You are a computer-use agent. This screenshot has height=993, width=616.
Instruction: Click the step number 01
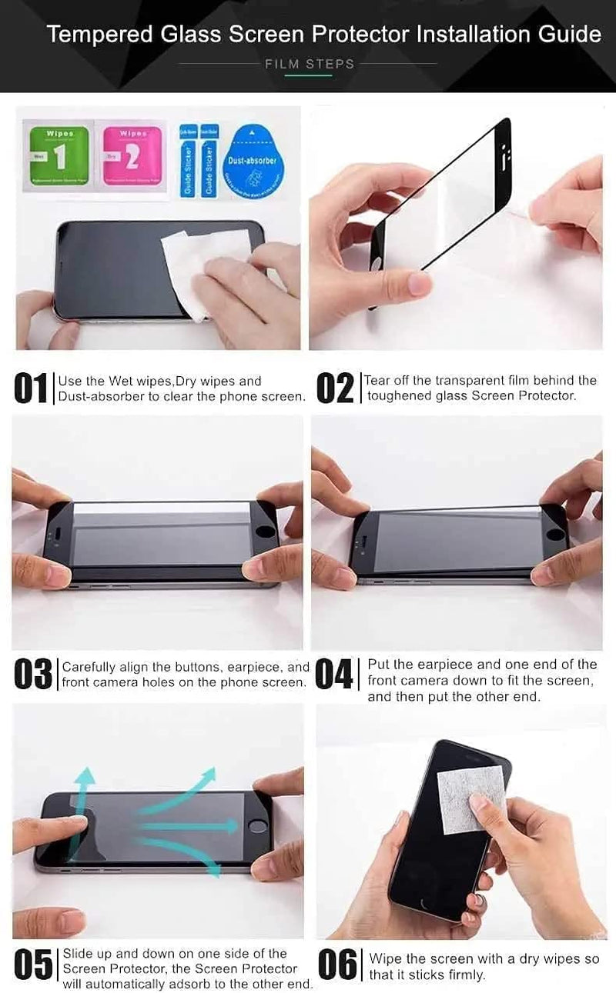(x=31, y=389)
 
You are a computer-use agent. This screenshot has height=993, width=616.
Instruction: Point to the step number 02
(x=336, y=389)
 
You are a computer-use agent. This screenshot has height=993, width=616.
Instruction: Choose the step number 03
(x=33, y=675)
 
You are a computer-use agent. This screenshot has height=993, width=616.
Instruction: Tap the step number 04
(x=334, y=675)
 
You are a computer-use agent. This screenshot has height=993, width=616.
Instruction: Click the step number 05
(x=33, y=966)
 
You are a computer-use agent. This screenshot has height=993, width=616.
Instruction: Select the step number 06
(x=337, y=966)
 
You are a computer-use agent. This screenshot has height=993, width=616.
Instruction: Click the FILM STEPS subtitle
(x=310, y=64)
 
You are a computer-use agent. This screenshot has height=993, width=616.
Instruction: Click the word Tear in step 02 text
(x=378, y=380)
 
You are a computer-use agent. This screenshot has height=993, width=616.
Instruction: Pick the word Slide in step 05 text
(x=78, y=954)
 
